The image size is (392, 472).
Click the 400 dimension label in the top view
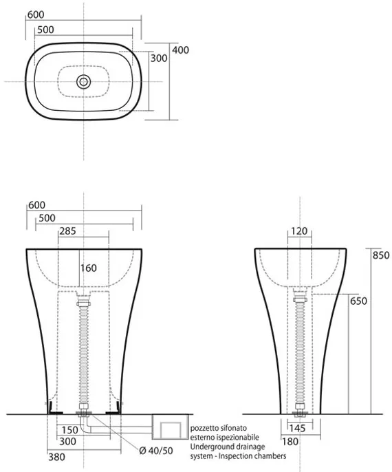180,50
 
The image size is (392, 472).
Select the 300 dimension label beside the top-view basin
159,58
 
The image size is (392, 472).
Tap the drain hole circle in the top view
84,82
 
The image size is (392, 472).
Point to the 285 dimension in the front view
67,231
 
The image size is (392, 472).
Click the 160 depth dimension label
89,268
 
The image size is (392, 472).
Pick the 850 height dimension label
381,255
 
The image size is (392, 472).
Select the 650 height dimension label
358,301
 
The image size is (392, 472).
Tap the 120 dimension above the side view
299,231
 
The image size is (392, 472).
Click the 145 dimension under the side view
297,429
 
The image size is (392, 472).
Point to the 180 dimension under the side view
290,442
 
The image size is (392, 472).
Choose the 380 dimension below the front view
56,457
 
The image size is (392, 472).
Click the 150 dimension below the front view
69,430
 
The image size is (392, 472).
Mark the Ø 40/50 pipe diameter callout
156,451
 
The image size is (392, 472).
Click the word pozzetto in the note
204,428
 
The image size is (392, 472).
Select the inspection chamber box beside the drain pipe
171,427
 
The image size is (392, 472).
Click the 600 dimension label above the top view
36,14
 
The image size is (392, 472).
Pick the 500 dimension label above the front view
47,218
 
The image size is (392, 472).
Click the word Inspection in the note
238,456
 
